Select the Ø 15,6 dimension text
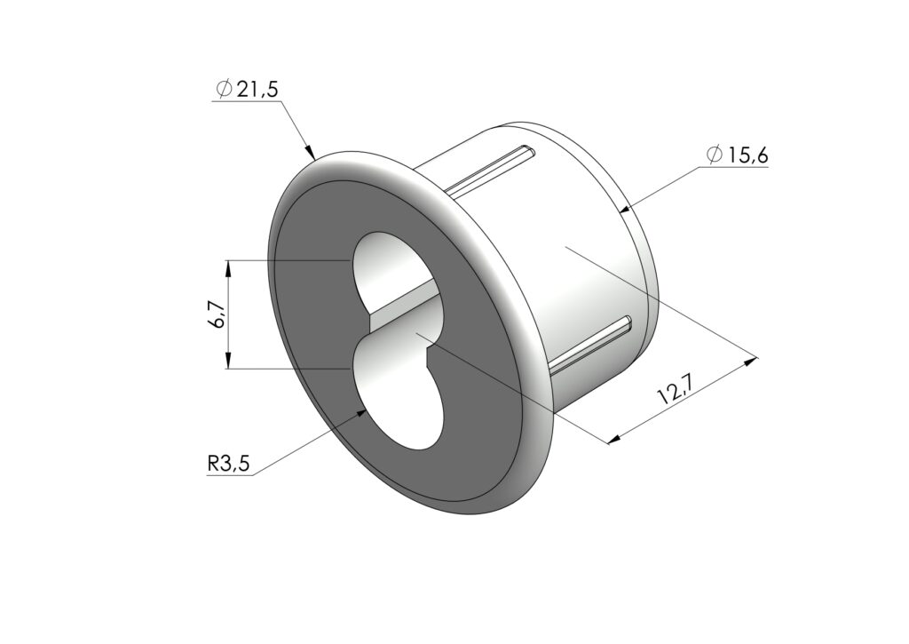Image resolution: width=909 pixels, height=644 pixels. coord(738,155)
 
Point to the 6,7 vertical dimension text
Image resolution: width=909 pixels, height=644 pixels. coord(216,314)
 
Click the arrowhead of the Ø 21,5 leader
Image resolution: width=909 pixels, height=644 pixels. coord(310,152)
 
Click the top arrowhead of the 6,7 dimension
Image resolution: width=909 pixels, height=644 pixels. coord(229,268)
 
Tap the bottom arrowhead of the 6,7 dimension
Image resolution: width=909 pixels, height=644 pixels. coord(229,361)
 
